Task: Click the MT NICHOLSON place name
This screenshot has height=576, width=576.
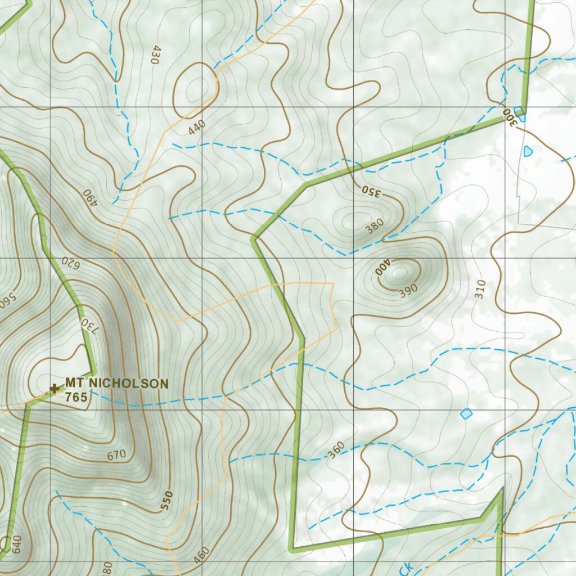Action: pos(116,384)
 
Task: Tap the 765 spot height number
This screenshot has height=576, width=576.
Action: pos(76,398)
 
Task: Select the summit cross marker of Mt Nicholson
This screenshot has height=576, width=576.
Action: pos(55,388)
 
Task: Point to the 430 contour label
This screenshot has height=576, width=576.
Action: pos(156,55)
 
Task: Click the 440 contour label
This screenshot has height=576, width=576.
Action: pos(197,128)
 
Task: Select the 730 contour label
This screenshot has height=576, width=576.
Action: pos(85,327)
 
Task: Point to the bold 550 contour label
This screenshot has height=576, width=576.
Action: pos(166,500)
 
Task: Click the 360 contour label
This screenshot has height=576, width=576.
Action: pos(336,450)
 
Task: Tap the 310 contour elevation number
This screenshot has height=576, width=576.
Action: pos(479,289)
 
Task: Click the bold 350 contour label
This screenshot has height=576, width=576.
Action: pos(371,192)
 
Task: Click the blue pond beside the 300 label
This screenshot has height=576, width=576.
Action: pos(520,114)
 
